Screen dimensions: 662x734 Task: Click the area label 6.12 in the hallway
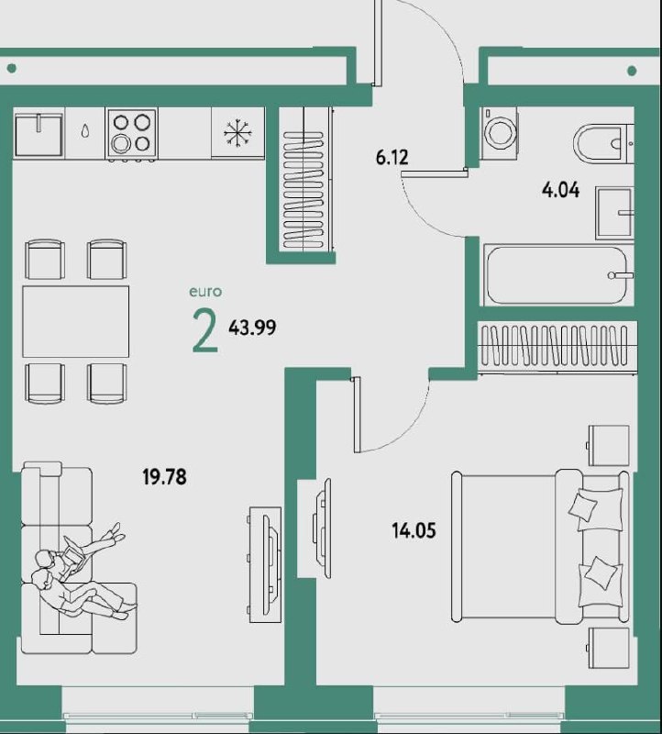click(392, 158)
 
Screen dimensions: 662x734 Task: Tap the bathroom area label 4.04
click(560, 191)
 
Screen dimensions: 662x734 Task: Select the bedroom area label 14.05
click(414, 531)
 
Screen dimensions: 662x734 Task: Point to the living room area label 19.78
click(165, 477)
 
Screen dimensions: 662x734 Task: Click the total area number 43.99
click(252, 328)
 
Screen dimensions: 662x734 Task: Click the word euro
click(205, 292)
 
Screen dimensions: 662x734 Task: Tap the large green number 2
click(204, 331)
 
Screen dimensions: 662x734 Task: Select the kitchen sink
click(39, 134)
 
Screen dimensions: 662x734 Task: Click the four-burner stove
click(131, 133)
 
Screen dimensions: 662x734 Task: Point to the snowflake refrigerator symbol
click(237, 133)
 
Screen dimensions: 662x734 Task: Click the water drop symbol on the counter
click(85, 130)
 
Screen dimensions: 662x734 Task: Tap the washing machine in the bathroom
click(499, 134)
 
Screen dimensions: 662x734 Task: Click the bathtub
click(557, 275)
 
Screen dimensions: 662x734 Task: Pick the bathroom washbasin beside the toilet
click(614, 213)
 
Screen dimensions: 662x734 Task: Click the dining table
click(76, 322)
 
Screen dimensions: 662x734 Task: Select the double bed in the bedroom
click(540, 547)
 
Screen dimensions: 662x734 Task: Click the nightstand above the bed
click(608, 445)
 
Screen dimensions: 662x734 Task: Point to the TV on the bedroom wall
click(323, 528)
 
